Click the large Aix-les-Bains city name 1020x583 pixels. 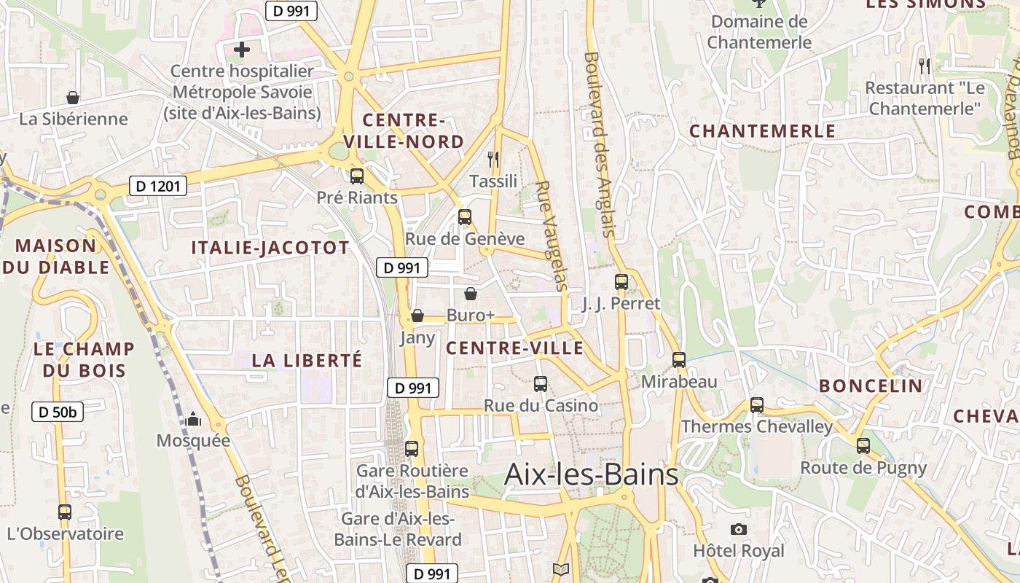tap(591, 475)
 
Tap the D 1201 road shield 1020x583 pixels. tap(157, 187)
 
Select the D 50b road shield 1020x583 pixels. tap(58, 412)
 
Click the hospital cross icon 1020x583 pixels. tap(242, 50)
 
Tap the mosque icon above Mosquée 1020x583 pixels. tap(193, 419)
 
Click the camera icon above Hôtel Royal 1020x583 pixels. tap(739, 529)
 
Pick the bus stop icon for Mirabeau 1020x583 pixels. tap(679, 359)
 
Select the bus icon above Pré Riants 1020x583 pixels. tap(357, 176)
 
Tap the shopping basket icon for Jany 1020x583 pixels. tap(417, 316)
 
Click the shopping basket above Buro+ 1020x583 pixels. tap(471, 294)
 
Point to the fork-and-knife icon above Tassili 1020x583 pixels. tap(493, 159)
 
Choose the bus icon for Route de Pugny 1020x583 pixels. tap(863, 445)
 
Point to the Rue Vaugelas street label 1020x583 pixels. tap(552, 235)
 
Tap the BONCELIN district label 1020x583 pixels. tap(871, 386)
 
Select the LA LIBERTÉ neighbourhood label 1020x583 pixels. tap(307, 360)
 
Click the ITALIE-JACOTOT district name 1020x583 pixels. tap(270, 248)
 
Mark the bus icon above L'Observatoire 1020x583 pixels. tap(65, 512)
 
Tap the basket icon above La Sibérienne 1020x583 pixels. tap(73, 97)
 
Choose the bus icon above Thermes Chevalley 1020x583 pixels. tap(757, 405)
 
